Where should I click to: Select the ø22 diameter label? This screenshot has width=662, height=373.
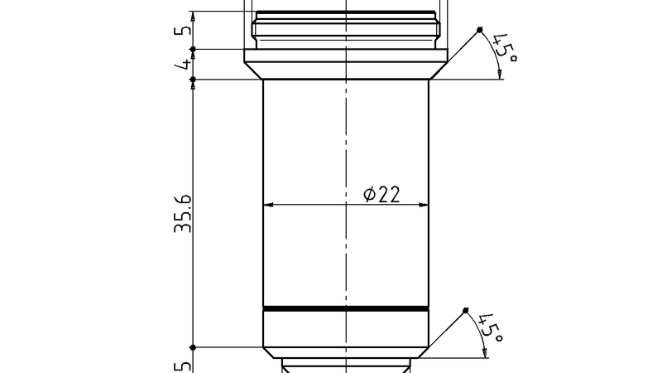point(381,195)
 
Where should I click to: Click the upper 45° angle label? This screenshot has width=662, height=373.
point(502,46)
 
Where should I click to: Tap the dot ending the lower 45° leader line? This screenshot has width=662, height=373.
point(465,311)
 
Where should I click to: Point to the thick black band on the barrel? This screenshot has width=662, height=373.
point(346,308)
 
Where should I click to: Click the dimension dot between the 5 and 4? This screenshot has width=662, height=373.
point(192,49)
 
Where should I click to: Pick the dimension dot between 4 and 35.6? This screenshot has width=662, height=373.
point(192,80)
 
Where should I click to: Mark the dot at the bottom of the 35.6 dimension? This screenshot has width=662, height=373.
point(192,347)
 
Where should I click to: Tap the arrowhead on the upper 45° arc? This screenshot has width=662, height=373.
point(501,75)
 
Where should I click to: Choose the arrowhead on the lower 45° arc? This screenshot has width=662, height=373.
point(485,355)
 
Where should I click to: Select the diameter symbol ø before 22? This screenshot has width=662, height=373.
point(370,195)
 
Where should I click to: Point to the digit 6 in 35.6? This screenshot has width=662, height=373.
point(183,201)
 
